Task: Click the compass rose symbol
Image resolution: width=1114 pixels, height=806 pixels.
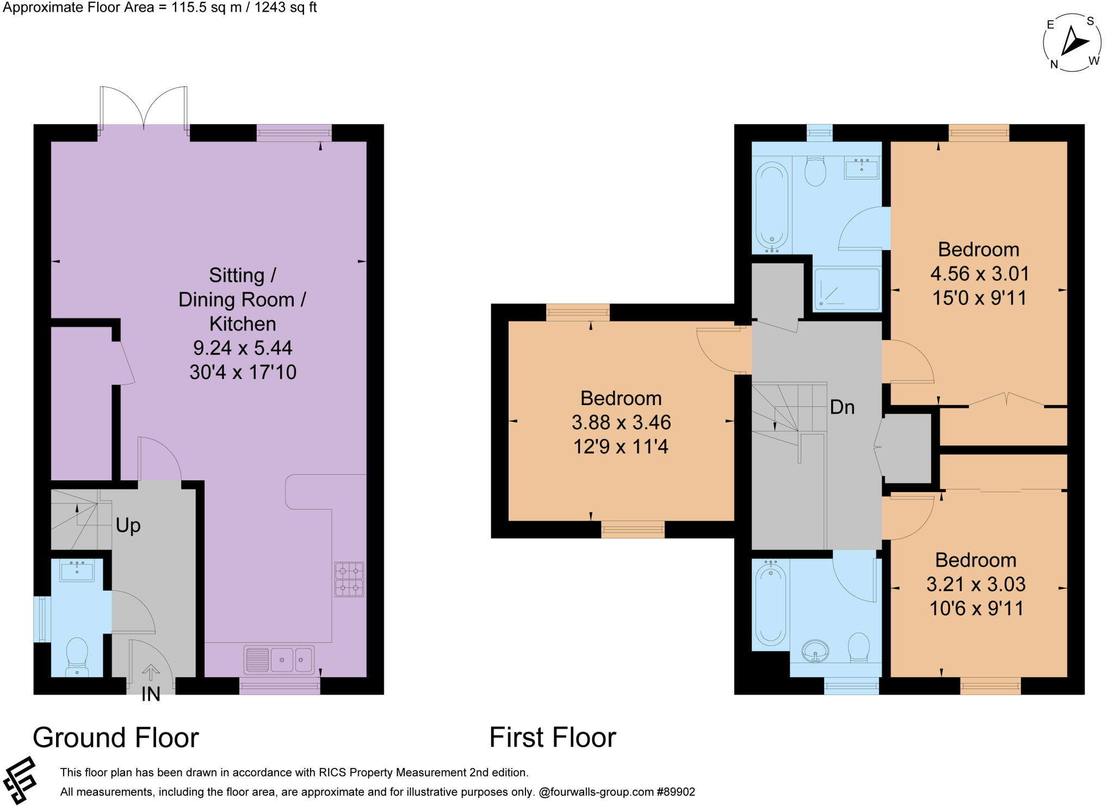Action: click(1072, 43)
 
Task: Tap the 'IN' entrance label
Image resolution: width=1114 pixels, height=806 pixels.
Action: click(151, 694)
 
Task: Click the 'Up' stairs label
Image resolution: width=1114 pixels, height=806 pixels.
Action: click(128, 525)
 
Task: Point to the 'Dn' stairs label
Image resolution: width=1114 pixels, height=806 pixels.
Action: click(842, 407)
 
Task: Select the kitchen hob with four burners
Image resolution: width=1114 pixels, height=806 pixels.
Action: click(349, 580)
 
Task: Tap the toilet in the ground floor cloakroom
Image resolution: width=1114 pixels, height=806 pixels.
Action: click(77, 656)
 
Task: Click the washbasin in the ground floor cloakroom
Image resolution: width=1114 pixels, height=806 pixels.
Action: click(77, 571)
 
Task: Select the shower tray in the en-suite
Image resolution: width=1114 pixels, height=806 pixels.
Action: click(846, 289)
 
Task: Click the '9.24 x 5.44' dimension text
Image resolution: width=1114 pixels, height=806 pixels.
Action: click(243, 348)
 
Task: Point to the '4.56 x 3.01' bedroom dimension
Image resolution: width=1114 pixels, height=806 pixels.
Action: click(980, 274)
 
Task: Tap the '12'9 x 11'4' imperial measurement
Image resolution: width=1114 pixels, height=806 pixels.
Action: click(621, 447)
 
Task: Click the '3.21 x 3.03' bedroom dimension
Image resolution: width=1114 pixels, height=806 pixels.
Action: click(976, 584)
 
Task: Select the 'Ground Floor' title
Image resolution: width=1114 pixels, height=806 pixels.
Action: click(116, 737)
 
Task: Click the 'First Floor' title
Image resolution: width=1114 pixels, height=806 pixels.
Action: click(553, 737)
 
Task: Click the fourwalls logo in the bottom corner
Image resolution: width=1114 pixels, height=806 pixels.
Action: click(20, 780)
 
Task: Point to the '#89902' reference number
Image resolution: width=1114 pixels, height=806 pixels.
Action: click(676, 792)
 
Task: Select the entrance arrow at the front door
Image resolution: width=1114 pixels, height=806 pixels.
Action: click(151, 673)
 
